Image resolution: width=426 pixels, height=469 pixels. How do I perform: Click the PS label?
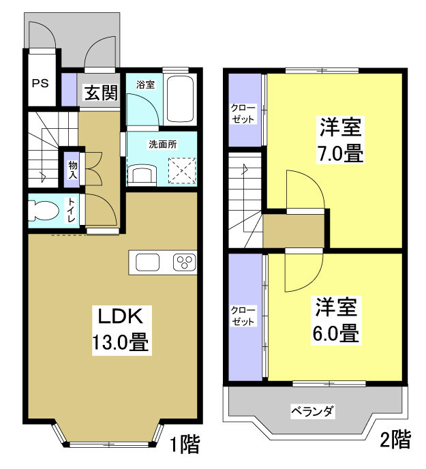[x=40, y=85]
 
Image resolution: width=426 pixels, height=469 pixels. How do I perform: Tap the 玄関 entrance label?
[x=100, y=93]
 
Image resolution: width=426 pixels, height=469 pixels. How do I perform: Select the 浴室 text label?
[x=145, y=85]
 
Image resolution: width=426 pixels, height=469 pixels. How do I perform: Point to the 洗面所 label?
[x=162, y=145]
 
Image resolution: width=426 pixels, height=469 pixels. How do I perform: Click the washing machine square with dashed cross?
[x=182, y=170]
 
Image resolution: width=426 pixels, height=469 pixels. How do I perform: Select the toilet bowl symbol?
[x=44, y=209]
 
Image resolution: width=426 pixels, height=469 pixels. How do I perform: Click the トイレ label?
[x=72, y=209]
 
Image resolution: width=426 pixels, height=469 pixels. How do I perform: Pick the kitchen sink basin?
[x=147, y=262]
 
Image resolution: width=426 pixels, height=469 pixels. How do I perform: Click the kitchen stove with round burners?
[x=184, y=262]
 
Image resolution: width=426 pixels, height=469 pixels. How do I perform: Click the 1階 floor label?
[x=185, y=447]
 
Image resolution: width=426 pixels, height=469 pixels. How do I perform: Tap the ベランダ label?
[x=312, y=411]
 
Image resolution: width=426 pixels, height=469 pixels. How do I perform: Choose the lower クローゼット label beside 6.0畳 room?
[x=243, y=316]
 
